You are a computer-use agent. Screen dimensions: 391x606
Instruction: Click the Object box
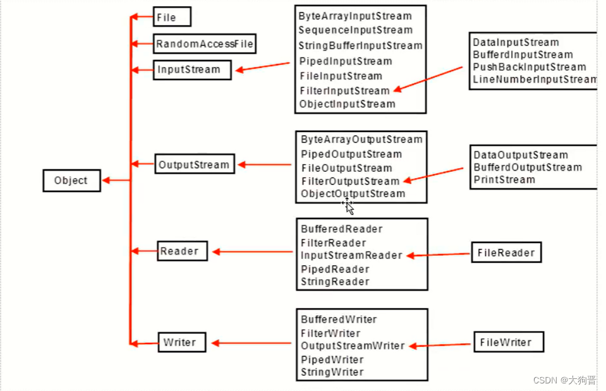click(71, 181)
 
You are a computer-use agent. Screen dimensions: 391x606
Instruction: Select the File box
click(171, 18)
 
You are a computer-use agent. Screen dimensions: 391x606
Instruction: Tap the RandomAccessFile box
click(204, 44)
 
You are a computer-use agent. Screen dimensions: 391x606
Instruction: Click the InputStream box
click(191, 69)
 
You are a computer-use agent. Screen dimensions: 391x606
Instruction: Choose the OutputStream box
click(194, 165)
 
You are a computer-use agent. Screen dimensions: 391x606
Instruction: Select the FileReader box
click(506, 253)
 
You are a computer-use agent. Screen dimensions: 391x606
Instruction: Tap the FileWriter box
click(508, 343)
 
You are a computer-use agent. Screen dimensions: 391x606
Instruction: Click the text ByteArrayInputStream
click(355, 16)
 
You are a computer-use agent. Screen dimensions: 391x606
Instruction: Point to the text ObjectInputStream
click(348, 104)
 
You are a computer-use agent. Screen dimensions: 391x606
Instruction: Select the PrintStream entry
click(504, 180)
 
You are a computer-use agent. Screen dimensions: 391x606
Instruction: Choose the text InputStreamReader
click(351, 256)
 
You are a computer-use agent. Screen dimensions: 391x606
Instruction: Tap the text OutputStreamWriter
click(353, 346)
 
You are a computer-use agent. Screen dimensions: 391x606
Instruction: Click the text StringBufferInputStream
click(360, 45)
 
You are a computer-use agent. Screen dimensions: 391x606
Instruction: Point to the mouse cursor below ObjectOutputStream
click(348, 206)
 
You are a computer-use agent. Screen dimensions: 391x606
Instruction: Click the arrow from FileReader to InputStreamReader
click(439, 255)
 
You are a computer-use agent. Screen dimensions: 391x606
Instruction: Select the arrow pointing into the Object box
click(116, 181)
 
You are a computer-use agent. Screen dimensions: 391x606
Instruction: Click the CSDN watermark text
click(564, 380)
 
